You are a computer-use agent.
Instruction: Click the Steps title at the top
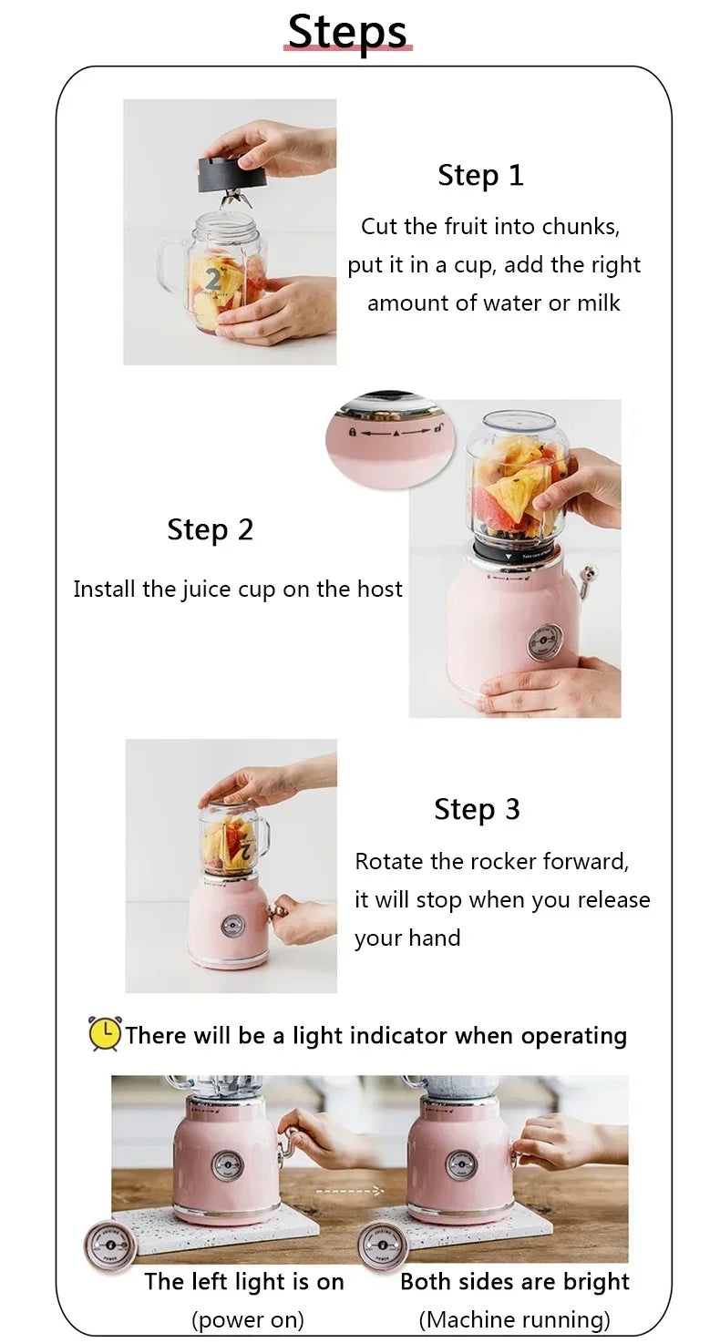[x=347, y=32]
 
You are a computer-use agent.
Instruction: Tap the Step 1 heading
[x=480, y=175]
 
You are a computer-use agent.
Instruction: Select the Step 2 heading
[x=210, y=529]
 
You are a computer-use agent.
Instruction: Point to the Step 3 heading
[x=477, y=809]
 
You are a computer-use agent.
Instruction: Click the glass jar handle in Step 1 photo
[x=170, y=265]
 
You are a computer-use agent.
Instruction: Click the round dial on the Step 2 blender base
[x=544, y=642]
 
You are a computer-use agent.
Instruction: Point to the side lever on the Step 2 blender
[x=586, y=579]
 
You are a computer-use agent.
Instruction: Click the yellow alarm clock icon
[x=104, y=1034]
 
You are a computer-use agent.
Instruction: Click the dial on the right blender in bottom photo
[x=460, y=1165]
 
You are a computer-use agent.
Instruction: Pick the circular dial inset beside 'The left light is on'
[x=109, y=1246]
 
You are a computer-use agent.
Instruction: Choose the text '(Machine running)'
[x=514, y=1319]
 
